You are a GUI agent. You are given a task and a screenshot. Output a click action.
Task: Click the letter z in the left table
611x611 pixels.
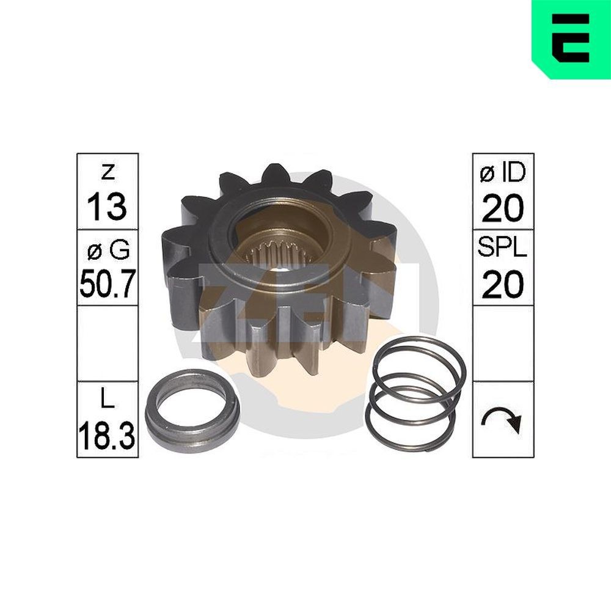(108, 172)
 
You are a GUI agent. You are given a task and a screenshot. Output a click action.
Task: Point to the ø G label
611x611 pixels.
(108, 249)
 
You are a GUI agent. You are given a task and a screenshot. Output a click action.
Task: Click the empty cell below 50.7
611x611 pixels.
(108, 343)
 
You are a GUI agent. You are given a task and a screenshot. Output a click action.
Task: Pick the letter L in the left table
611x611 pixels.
(108, 401)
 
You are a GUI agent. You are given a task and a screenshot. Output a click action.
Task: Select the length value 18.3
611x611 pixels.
(108, 435)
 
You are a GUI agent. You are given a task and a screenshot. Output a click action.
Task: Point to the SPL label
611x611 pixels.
(502, 249)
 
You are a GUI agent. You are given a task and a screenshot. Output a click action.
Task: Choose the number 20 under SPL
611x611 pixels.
(502, 284)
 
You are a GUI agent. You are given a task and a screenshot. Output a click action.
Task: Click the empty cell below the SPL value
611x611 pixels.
(502, 343)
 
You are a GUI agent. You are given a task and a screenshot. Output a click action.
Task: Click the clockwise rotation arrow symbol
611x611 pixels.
(502, 420)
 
